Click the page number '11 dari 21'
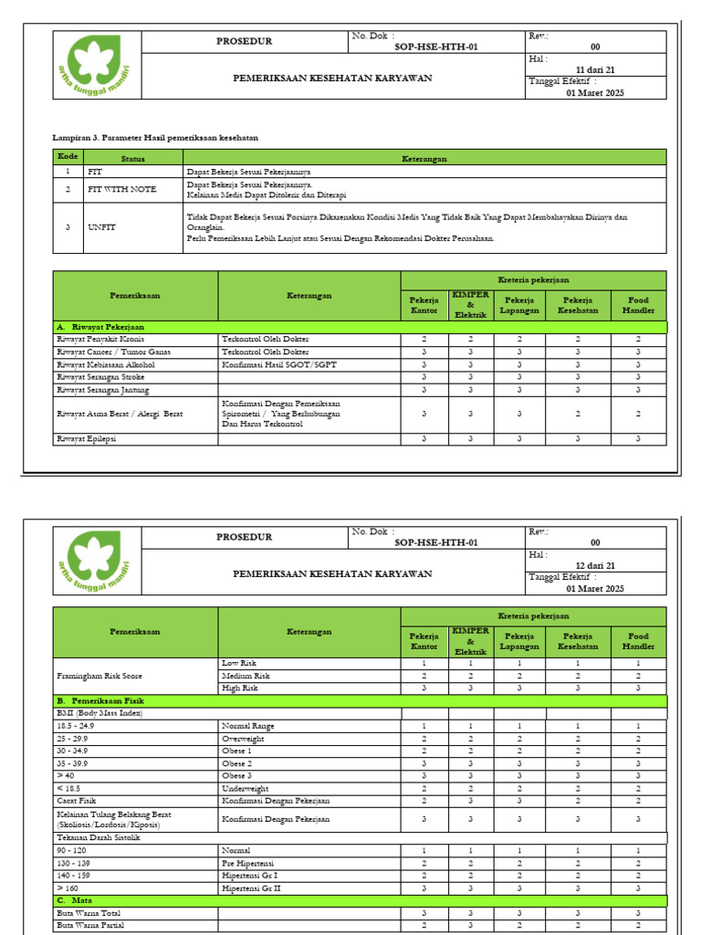595,69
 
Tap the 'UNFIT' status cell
102,226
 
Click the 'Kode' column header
67,157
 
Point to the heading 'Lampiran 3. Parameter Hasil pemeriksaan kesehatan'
155,137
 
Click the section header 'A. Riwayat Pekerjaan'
100,326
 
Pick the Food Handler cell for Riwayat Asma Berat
638,414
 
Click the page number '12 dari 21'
595,565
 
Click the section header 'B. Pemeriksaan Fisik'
104,700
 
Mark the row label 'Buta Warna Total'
89,913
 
